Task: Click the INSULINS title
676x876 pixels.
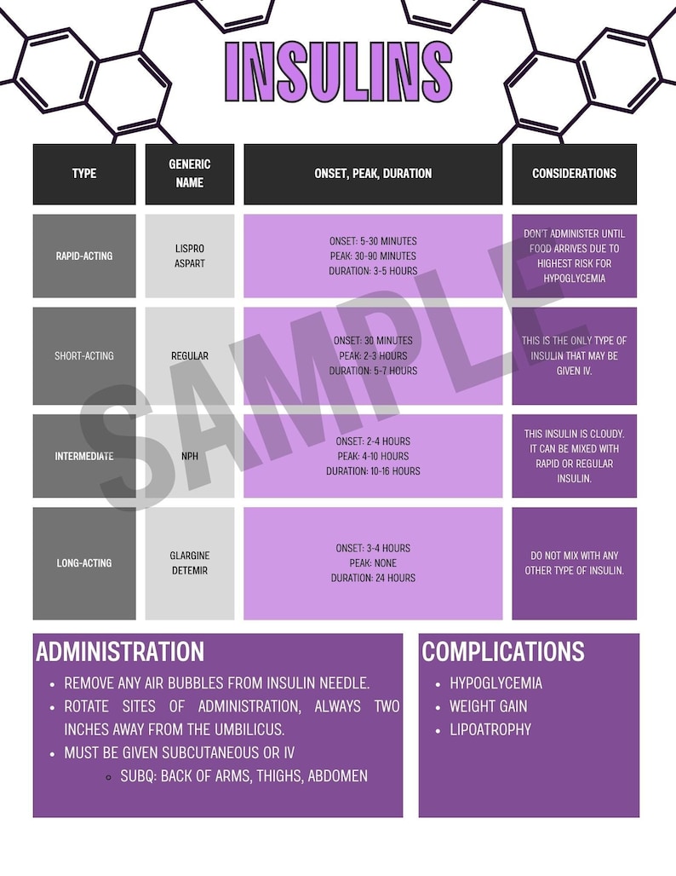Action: (338, 72)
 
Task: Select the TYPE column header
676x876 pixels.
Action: (84, 174)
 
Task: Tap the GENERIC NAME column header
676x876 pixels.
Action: (189, 173)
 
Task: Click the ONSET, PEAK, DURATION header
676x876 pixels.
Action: (373, 174)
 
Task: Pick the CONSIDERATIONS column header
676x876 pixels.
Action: (574, 174)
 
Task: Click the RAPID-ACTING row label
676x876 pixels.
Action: (84, 256)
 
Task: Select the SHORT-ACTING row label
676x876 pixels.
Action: (84, 355)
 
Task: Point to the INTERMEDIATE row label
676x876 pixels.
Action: (84, 456)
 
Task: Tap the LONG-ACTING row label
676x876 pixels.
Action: (84, 563)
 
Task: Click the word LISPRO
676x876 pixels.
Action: (189, 248)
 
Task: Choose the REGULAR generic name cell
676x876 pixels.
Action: (189, 355)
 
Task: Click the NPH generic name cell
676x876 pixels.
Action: (189, 456)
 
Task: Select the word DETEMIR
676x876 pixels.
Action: (189, 570)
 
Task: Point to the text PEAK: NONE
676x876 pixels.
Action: (373, 563)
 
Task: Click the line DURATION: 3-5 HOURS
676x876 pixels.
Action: (373, 271)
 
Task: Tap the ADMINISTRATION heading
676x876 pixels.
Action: (120, 652)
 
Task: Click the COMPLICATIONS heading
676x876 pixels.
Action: (503, 652)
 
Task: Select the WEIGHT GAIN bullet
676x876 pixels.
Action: (489, 706)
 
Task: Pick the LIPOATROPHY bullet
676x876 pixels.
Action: (490, 729)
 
